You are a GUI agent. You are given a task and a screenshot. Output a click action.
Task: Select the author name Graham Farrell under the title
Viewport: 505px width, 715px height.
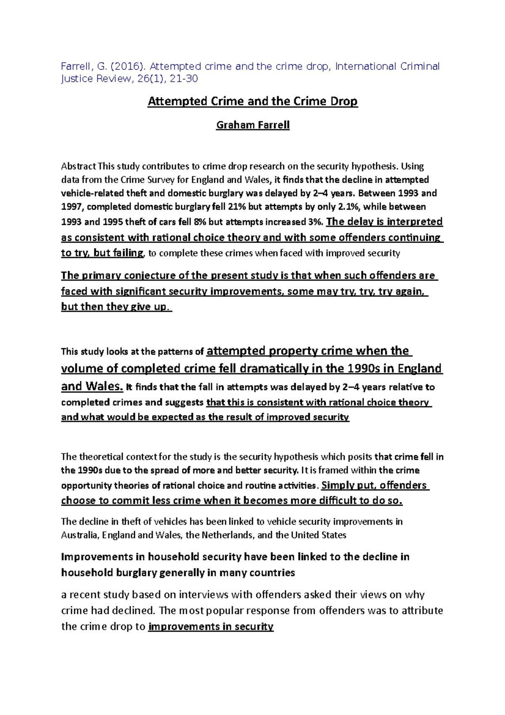pyautogui.click(x=252, y=125)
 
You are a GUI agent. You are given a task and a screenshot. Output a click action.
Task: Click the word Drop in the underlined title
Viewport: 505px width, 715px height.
pyautogui.click(x=344, y=101)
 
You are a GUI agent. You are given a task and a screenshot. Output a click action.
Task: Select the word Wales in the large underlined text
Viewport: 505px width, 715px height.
pyautogui.click(x=104, y=386)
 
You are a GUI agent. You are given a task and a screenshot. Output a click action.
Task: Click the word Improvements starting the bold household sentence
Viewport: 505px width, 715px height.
pyautogui.click(x=97, y=557)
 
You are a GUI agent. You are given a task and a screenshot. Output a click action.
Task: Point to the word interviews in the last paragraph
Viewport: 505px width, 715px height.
pyautogui.click(x=203, y=595)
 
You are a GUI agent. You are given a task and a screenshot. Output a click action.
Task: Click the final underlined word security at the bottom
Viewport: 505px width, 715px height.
pyautogui.click(x=254, y=627)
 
